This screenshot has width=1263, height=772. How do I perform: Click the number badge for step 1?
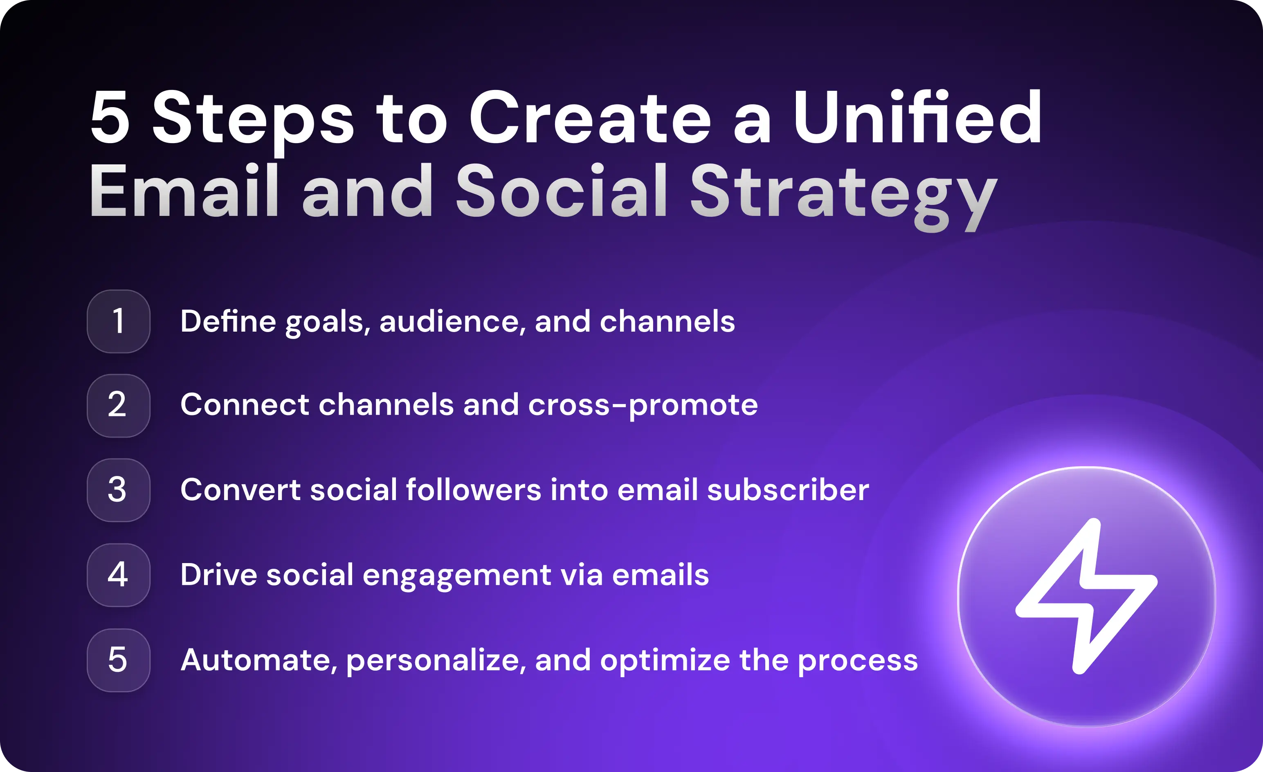119,321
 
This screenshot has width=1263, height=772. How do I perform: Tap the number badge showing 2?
119,406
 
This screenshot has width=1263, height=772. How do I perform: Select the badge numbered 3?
119,490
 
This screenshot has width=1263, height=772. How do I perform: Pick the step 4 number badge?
119,575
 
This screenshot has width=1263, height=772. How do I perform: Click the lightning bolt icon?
1086,596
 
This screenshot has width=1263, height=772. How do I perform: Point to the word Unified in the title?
917,118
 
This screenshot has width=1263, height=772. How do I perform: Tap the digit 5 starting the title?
110,118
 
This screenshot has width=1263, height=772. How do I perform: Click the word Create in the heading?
589,118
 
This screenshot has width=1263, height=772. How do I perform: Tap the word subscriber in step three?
788,490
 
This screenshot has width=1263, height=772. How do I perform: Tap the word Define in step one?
228,321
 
